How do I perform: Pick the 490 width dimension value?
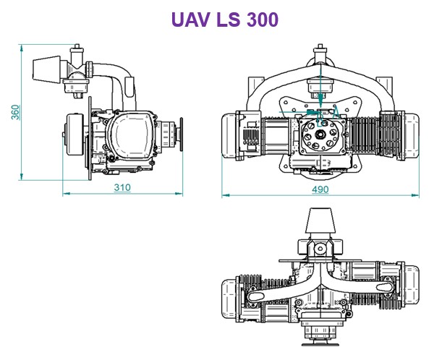tap(320, 189)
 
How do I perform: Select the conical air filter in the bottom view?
tap(320, 219)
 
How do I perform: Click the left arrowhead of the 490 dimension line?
tap(224, 194)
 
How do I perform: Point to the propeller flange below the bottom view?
tap(320, 334)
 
